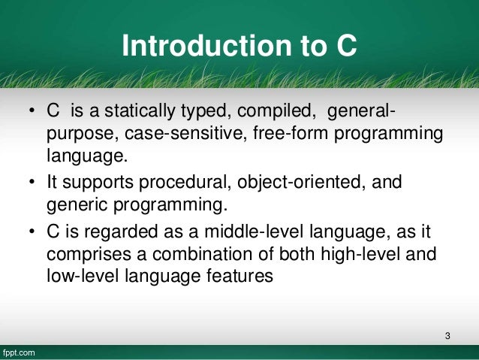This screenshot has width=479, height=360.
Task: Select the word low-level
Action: click(71, 276)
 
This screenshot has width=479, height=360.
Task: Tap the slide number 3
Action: click(447, 334)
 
